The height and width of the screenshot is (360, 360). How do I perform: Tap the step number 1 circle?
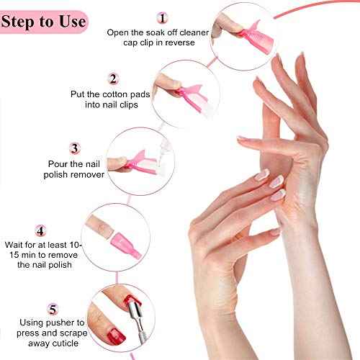click(x=163, y=17)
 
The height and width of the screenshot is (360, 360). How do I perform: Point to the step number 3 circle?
click(x=75, y=148)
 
